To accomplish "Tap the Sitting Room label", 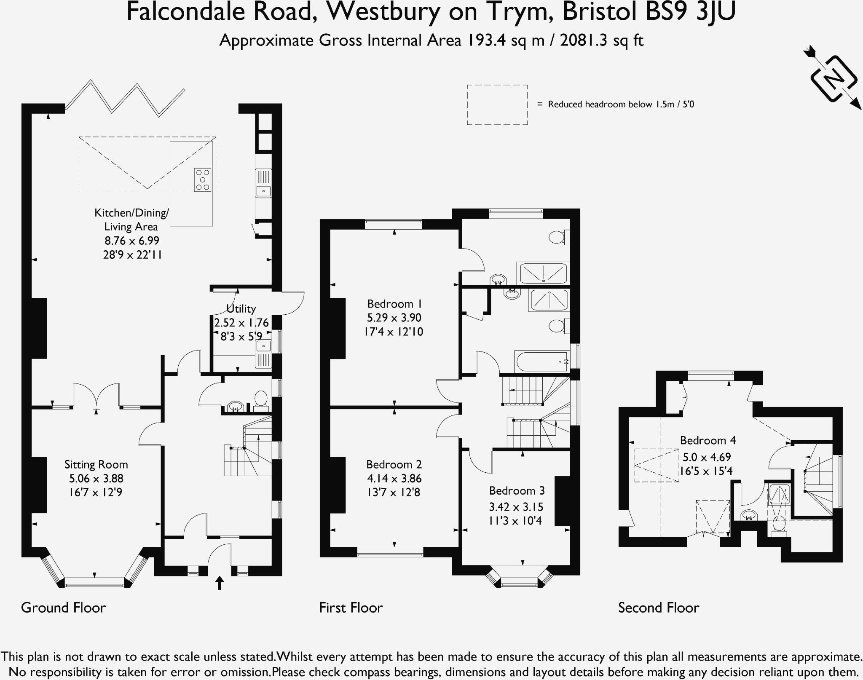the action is click(96, 464).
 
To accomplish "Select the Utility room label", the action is click(241, 309).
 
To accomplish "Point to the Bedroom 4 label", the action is click(708, 440).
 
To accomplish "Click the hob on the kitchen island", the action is click(202, 180).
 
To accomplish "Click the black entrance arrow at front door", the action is click(220, 583).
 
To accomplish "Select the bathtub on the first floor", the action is click(541, 361).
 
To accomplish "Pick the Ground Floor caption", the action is click(63, 608).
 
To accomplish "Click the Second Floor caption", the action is click(659, 608).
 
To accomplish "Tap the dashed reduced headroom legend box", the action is click(497, 104).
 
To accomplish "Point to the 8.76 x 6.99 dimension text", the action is click(132, 241).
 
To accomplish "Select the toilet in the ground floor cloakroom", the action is click(261, 401).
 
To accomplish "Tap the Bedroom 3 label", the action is click(517, 490).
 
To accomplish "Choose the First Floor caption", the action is click(351, 608).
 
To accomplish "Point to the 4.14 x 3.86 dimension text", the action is click(394, 478).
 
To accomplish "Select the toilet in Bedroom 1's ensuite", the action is click(559, 237).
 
